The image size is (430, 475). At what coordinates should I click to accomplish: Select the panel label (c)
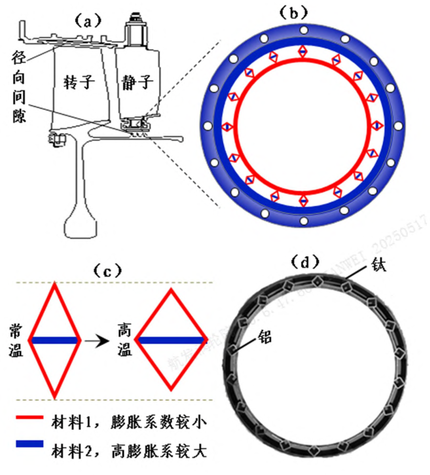tap(107, 271)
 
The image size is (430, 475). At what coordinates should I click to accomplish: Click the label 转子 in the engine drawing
tap(79, 82)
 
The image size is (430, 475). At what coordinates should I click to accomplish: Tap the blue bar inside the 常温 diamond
tap(55, 340)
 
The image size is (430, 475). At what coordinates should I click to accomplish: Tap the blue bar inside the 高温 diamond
tap(171, 340)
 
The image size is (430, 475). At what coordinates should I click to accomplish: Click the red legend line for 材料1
tap(29, 417)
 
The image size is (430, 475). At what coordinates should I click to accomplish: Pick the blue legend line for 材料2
tap(29, 444)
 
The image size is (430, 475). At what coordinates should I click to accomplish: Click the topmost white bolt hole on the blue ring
tap(303, 30)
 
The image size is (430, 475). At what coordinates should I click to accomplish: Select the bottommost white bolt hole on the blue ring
tap(304, 221)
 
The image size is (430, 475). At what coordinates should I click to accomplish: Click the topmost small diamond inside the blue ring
tap(303, 51)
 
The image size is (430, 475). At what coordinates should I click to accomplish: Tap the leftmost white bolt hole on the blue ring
tap(207, 126)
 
